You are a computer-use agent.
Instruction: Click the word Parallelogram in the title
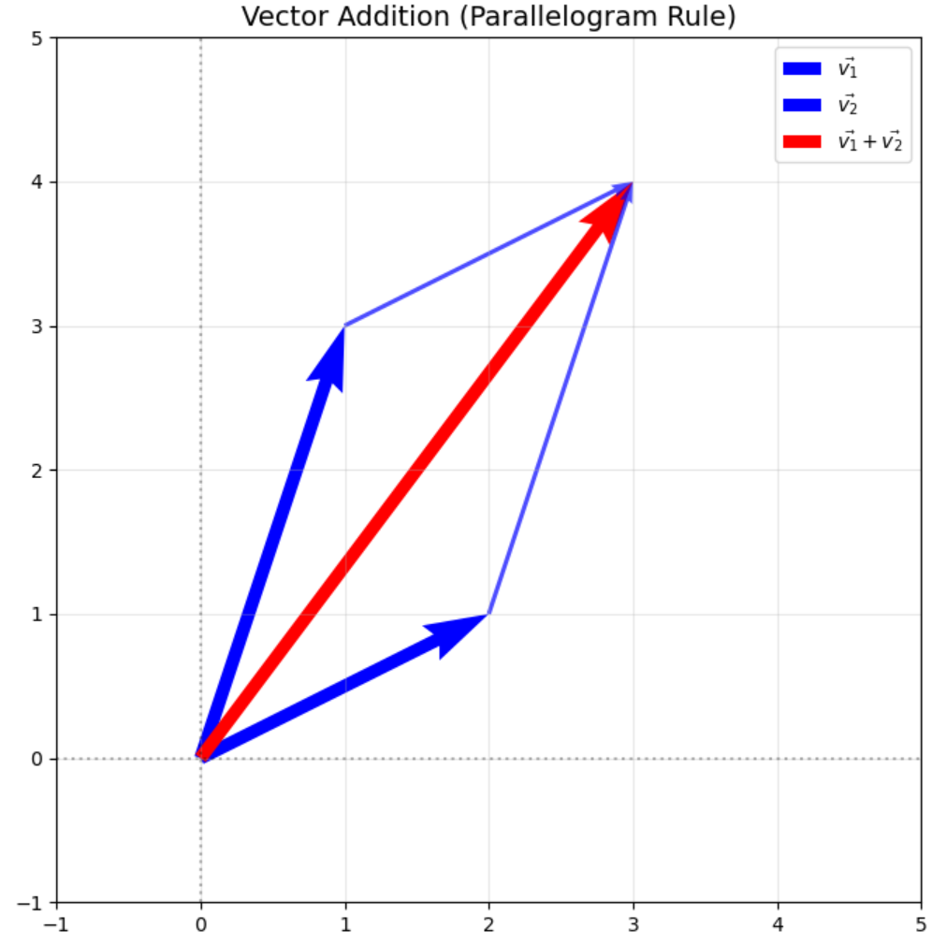point(560,16)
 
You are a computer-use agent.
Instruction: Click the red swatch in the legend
point(802,141)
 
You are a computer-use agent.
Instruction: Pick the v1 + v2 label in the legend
point(870,141)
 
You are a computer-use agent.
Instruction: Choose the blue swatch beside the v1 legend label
point(802,68)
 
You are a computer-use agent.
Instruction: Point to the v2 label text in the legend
point(848,105)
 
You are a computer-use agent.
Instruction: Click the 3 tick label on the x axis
point(633,924)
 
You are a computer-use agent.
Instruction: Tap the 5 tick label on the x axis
point(921,924)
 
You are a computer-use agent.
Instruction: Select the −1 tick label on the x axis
point(56,924)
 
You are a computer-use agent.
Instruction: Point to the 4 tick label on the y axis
point(37,182)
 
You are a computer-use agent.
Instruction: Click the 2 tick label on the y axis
point(37,471)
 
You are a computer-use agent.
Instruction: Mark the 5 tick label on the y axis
point(37,38)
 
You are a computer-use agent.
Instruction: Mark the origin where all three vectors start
point(200,759)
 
